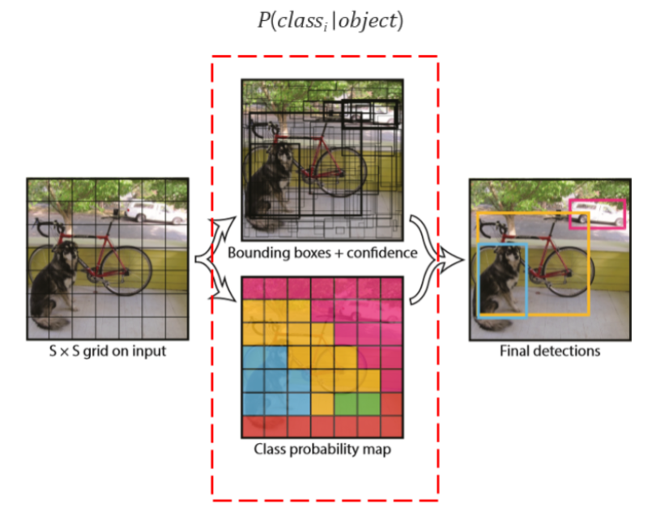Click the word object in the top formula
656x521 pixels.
[x=369, y=21]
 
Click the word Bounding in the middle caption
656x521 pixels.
[x=258, y=253]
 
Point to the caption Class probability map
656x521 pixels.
[x=322, y=449]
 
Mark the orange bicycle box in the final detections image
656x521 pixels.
[x=589, y=267]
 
